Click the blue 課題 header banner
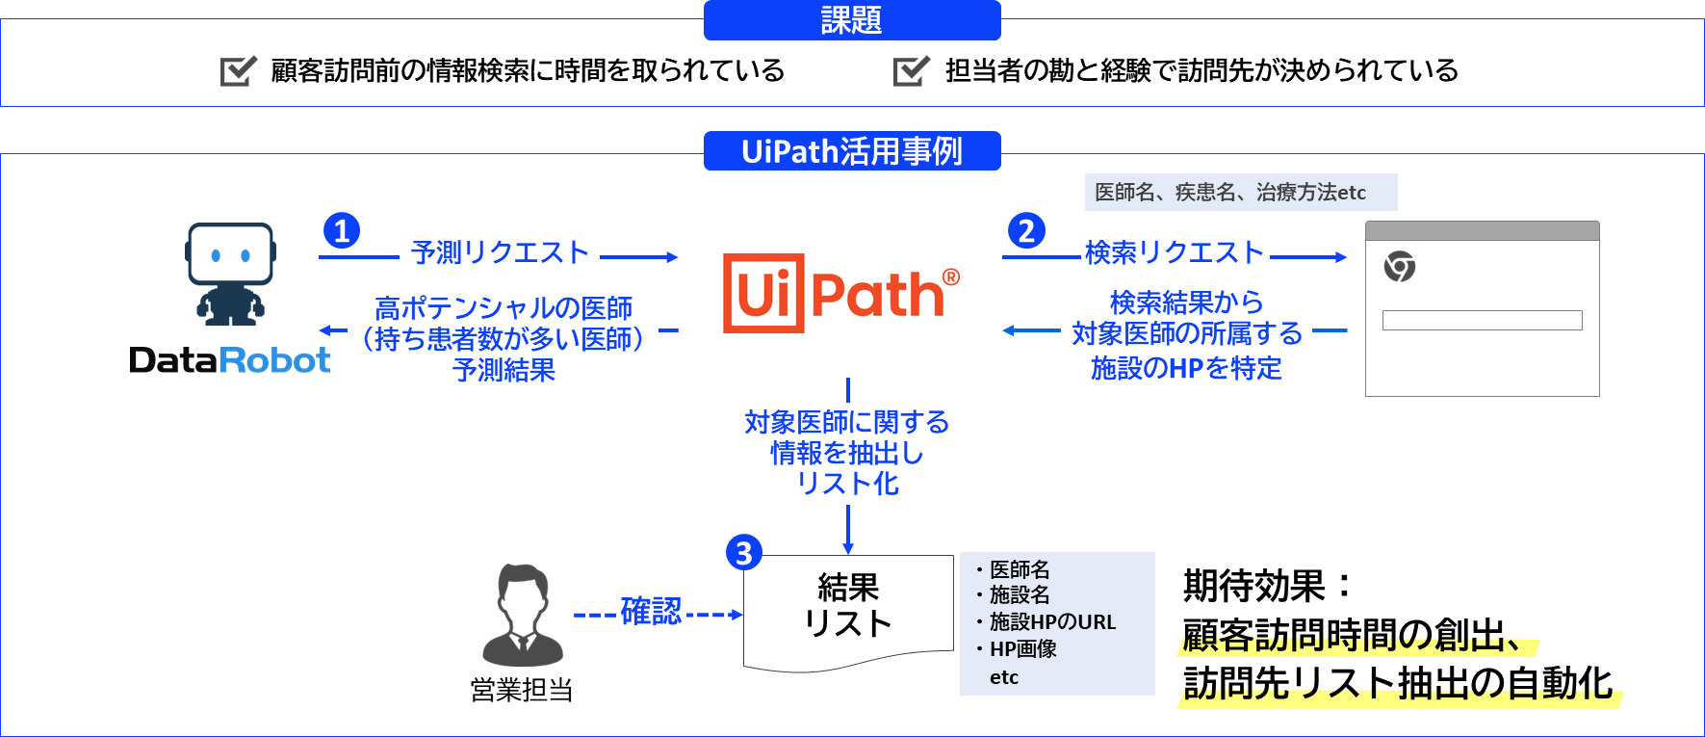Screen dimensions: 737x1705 point(852,20)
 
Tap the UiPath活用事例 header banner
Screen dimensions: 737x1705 point(852,151)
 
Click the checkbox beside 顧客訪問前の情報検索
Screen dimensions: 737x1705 point(238,70)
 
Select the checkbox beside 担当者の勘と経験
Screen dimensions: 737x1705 point(911,70)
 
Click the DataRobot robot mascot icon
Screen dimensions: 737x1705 point(230,274)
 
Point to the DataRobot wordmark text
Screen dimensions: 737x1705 point(230,360)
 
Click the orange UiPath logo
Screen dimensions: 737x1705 point(841,293)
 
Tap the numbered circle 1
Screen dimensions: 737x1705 point(342,231)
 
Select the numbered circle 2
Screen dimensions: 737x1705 point(1026,231)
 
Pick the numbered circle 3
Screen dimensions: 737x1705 point(743,553)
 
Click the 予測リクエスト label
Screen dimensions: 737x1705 point(500,252)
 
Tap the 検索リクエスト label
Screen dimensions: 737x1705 point(1174,252)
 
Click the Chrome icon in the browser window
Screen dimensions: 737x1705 point(1400,266)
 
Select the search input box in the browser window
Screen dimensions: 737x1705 point(1482,320)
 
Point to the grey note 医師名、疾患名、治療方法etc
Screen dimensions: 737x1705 point(1240,193)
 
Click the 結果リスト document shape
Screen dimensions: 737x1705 point(848,607)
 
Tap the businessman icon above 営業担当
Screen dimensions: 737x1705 point(523,616)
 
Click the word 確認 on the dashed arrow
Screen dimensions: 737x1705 point(651,612)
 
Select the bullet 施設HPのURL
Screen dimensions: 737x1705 point(1051,622)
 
